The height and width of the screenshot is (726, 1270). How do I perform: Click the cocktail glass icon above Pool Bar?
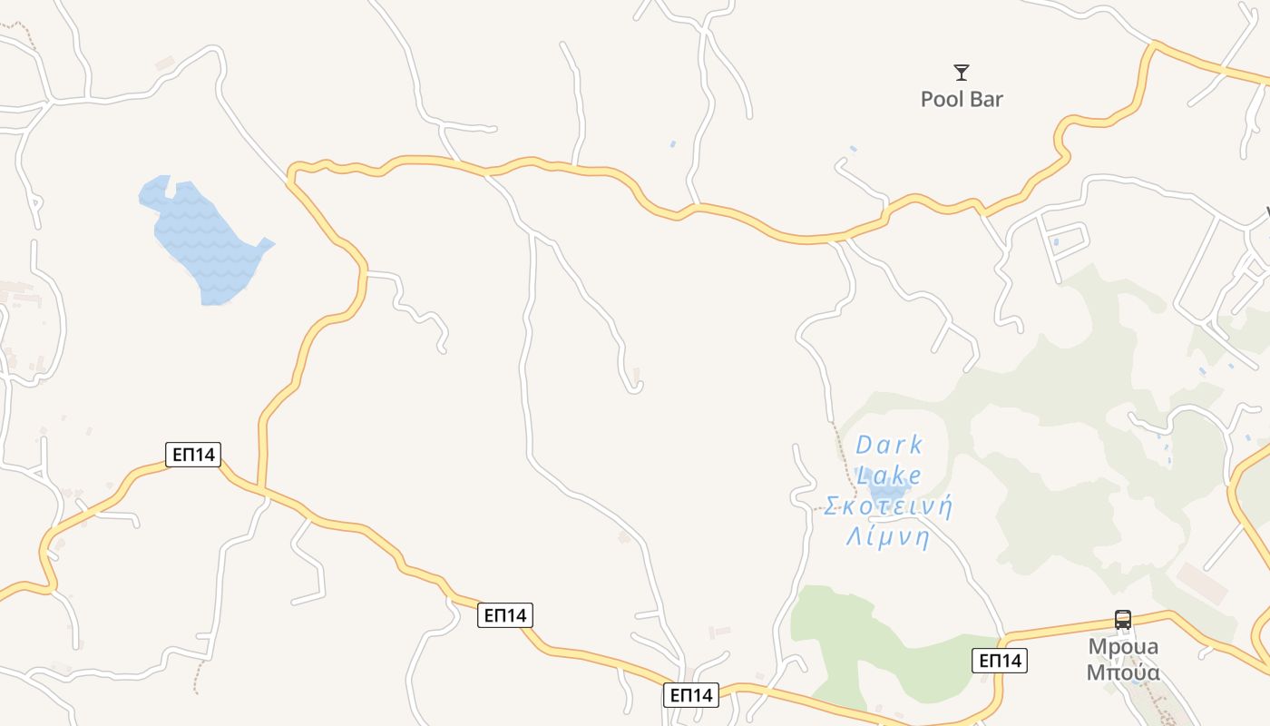[962, 73]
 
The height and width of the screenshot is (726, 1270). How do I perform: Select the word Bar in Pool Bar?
[987, 99]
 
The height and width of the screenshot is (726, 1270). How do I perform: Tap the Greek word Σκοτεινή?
[889, 506]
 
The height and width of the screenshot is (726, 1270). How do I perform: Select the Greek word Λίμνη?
[889, 537]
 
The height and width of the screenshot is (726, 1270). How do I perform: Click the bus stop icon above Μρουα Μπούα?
[1123, 620]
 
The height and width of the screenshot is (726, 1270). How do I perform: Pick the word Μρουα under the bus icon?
[1123, 647]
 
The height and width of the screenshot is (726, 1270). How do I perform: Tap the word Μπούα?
[1123, 672]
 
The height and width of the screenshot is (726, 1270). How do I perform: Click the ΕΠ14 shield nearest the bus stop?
[1000, 661]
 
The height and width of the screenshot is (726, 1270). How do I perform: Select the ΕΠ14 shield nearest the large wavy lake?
[193, 454]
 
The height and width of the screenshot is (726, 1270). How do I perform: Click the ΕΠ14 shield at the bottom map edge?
[691, 695]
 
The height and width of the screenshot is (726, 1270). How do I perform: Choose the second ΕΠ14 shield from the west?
[505, 615]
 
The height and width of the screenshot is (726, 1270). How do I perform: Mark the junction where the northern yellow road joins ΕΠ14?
[260, 489]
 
